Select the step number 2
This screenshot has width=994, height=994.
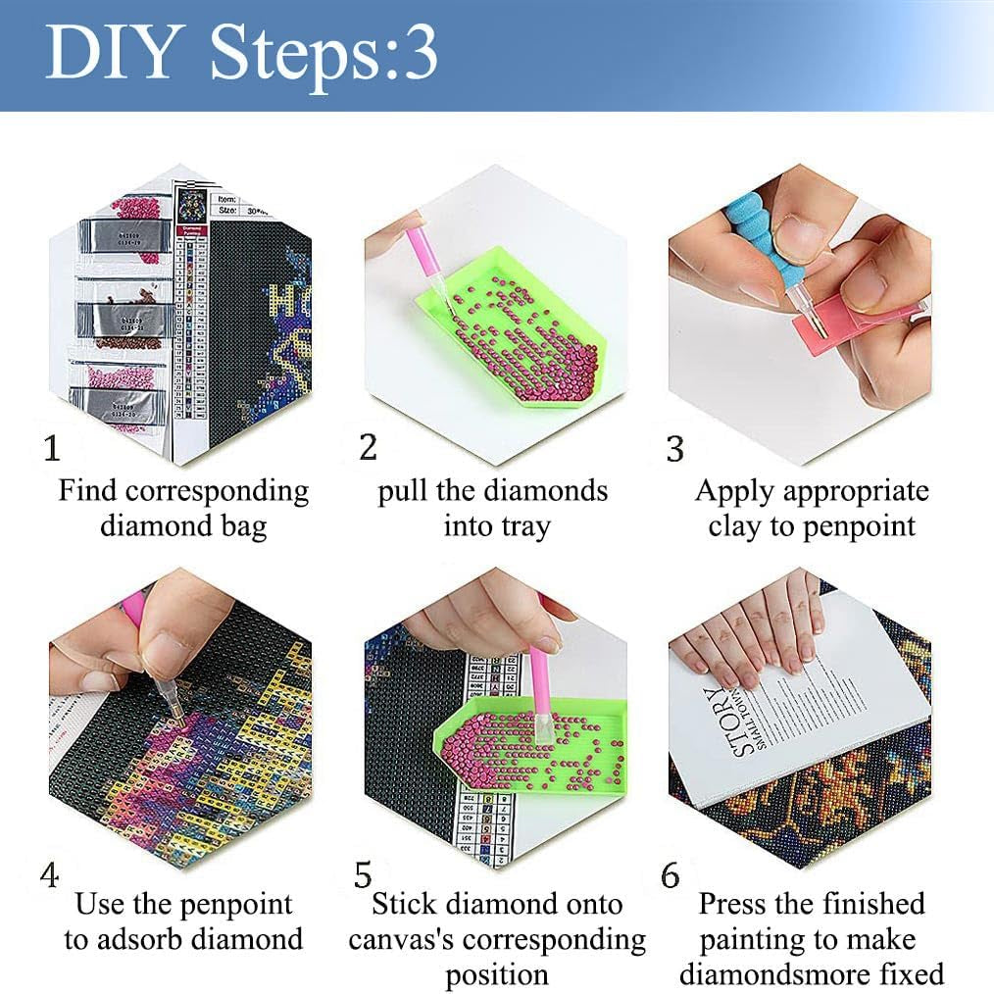[x=368, y=448]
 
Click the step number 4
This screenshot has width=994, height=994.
[x=50, y=874]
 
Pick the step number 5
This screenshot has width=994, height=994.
[x=364, y=874]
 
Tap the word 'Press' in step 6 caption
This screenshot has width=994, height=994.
[x=736, y=903]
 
